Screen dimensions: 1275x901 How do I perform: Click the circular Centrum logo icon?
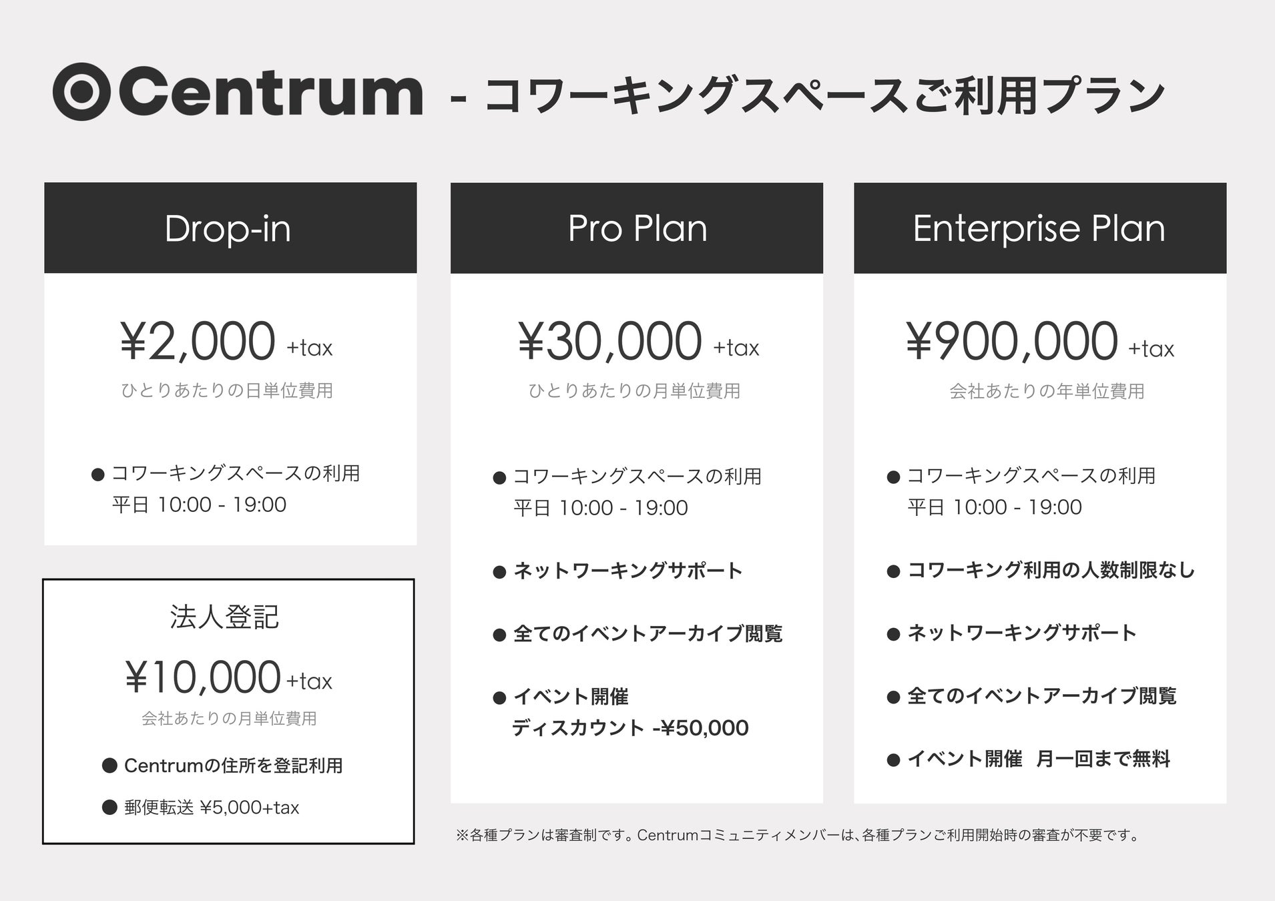(x=81, y=92)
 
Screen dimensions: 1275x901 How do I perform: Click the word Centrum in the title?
(x=271, y=92)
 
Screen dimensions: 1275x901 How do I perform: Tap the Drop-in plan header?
(x=230, y=228)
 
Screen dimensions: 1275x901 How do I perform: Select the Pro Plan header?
(x=637, y=228)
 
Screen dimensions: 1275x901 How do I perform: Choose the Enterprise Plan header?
(x=1040, y=228)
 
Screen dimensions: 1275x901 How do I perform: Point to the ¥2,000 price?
(x=198, y=342)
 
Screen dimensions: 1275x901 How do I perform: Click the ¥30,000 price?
(x=610, y=342)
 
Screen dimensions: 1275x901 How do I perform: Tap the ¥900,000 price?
(x=1012, y=342)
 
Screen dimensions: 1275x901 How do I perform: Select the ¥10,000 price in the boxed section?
(x=203, y=677)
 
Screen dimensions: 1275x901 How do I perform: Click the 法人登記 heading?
(x=224, y=617)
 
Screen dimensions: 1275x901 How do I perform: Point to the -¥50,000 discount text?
(x=700, y=727)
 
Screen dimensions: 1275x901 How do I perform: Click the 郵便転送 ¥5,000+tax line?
(x=212, y=808)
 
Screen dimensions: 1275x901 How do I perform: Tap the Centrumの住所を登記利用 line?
(x=234, y=766)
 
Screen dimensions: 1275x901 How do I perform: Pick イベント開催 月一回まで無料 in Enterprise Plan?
(x=1039, y=759)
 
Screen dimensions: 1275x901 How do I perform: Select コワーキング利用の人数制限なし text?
(x=1051, y=570)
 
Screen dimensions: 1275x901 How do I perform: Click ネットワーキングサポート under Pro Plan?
(x=628, y=571)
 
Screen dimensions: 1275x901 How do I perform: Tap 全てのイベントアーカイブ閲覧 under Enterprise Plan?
(x=1041, y=696)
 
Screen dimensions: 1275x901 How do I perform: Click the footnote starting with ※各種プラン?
(x=798, y=835)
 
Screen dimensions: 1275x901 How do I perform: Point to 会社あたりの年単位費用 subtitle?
(x=1047, y=391)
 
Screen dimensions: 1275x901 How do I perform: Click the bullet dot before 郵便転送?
(x=109, y=808)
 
